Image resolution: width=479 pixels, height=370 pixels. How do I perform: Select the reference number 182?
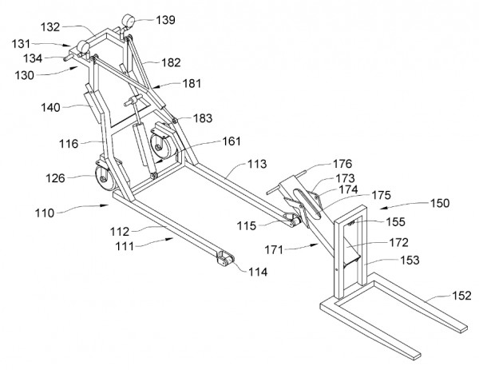(x=171, y=62)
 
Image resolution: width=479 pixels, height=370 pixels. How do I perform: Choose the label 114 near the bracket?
(x=256, y=273)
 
